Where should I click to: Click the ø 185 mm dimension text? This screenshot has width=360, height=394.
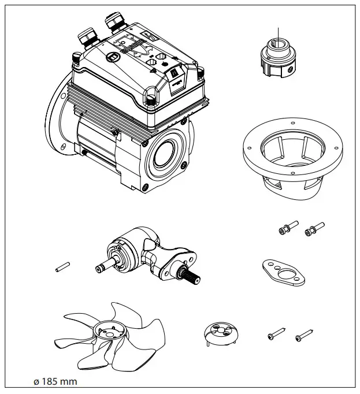(55, 382)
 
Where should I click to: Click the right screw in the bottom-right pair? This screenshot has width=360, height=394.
(304, 336)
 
